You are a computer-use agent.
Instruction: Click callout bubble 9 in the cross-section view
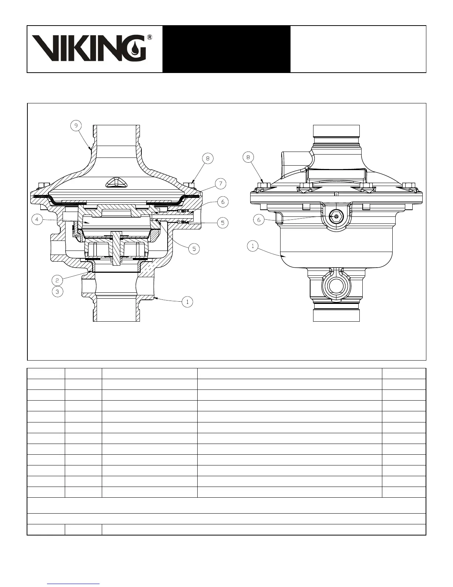click(76, 126)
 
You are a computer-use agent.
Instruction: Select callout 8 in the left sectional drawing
click(208, 158)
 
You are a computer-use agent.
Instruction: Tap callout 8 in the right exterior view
click(248, 157)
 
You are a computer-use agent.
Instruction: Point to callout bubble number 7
click(221, 184)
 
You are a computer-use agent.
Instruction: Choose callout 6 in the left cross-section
click(223, 202)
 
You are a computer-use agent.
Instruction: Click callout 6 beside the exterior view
click(259, 220)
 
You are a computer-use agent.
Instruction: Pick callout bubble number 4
click(37, 219)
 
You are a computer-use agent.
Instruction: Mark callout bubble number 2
click(57, 281)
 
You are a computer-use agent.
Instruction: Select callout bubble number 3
click(57, 292)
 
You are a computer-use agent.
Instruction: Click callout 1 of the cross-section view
click(187, 302)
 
